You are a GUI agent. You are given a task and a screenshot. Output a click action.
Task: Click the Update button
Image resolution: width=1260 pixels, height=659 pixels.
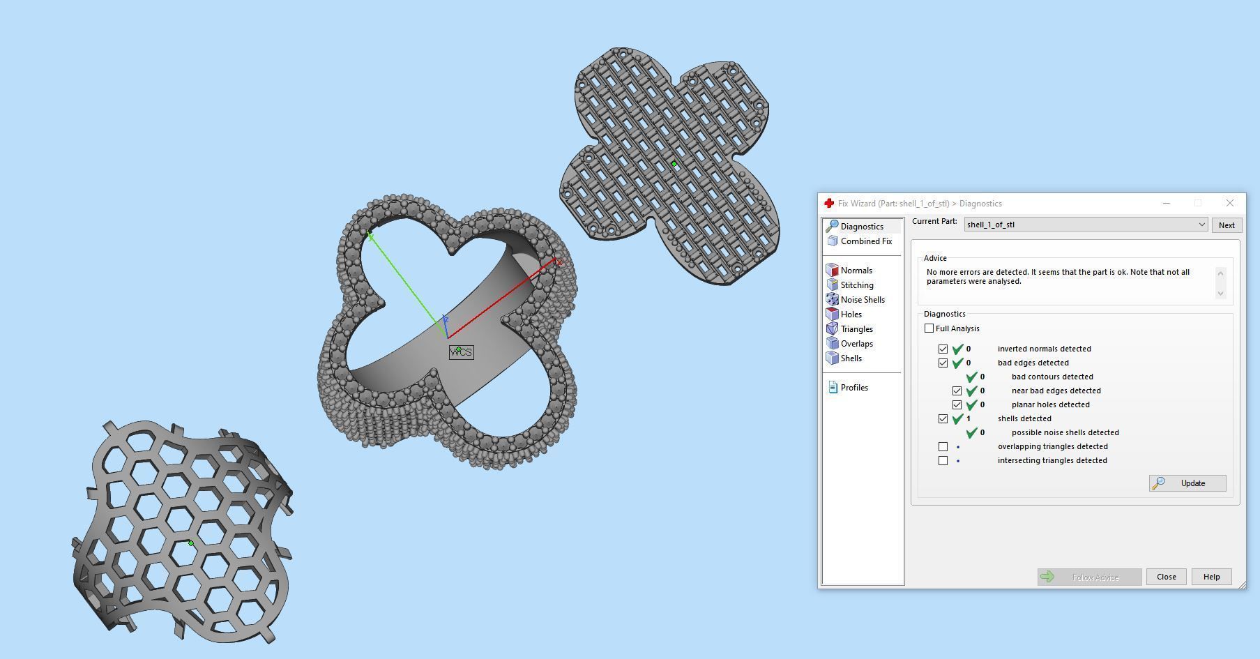click(x=1187, y=483)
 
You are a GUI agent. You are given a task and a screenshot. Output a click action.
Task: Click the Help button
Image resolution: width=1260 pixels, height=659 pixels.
click(x=1211, y=577)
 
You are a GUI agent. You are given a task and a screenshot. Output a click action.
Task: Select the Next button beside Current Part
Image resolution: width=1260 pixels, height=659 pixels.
click(x=1226, y=225)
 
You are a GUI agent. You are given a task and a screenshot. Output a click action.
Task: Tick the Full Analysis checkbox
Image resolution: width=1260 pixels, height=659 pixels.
click(x=929, y=328)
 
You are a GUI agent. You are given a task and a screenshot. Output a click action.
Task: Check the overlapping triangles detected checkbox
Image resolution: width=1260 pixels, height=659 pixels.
click(x=943, y=446)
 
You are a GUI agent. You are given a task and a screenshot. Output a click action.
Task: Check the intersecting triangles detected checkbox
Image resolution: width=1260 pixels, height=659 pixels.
click(x=943, y=460)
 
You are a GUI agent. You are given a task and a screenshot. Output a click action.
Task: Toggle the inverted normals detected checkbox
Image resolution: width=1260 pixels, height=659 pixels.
click(x=943, y=349)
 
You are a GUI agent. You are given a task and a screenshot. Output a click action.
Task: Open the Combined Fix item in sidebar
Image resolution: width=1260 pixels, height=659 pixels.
click(x=865, y=241)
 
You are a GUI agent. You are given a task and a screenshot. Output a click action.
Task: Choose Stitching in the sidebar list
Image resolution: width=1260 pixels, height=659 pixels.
click(x=856, y=285)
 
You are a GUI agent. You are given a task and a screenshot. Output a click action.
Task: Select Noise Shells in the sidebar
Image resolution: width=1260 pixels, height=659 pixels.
click(x=862, y=300)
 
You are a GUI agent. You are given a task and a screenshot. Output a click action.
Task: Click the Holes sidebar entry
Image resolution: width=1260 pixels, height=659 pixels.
click(x=851, y=315)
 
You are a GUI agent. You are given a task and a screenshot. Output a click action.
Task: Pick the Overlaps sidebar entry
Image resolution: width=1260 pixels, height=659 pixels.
click(x=856, y=344)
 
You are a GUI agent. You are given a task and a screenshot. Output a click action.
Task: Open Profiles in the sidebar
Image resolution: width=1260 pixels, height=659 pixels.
click(x=853, y=388)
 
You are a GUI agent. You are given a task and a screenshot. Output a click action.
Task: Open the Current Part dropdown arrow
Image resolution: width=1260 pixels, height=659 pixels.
click(x=1201, y=225)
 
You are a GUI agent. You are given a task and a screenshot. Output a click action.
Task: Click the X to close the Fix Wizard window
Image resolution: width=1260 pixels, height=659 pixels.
click(x=1229, y=203)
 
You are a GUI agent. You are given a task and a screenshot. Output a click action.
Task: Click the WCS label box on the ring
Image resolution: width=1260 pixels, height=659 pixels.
click(x=462, y=352)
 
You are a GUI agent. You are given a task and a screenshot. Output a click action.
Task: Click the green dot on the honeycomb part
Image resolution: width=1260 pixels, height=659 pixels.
click(x=191, y=543)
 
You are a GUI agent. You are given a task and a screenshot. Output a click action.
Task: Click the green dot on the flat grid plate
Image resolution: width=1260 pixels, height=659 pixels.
click(x=674, y=165)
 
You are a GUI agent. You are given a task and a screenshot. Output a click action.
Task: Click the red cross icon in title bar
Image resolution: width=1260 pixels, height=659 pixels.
click(x=829, y=203)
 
